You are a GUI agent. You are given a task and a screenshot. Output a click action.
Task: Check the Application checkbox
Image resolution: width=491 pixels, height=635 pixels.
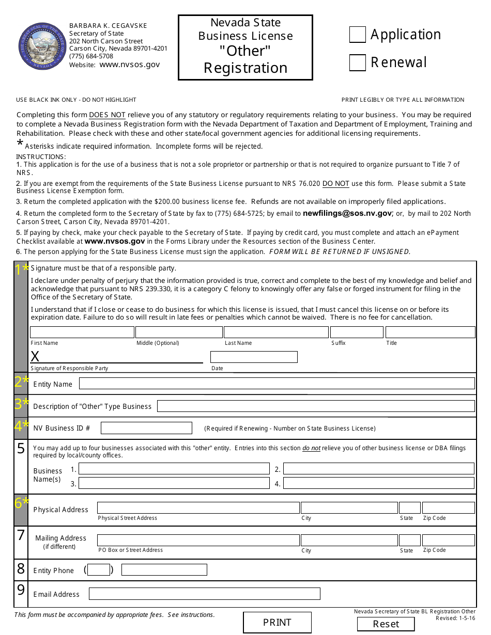click(357, 35)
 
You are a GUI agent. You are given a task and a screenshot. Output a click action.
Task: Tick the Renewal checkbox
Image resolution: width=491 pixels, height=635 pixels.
click(357, 62)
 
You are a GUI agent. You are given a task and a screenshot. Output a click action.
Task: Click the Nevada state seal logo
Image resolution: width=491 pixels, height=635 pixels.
click(40, 46)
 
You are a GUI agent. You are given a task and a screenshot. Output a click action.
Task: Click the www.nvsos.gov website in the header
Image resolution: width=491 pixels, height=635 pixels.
click(129, 65)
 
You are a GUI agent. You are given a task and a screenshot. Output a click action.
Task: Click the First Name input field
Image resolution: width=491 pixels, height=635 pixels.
click(82, 332)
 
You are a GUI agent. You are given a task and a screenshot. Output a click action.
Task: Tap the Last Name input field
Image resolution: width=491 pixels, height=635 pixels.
click(276, 332)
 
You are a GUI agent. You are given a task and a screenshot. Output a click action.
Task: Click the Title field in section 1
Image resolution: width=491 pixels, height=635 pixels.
click(430, 332)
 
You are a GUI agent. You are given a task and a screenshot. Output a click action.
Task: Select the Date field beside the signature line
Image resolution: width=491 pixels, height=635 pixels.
click(254, 357)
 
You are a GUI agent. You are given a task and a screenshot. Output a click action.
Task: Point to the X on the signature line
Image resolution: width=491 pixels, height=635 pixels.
click(35, 356)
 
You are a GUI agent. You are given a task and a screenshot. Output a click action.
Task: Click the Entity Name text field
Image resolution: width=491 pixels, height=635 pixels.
click(277, 384)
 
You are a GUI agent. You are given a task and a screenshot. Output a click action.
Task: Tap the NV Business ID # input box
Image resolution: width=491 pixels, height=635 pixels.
click(146, 428)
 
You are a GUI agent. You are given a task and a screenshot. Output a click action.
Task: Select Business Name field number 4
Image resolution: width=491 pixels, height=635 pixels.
click(378, 483)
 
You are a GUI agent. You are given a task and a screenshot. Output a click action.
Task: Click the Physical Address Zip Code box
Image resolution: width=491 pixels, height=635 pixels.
click(448, 508)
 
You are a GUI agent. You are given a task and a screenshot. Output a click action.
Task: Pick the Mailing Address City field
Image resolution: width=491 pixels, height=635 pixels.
click(349, 540)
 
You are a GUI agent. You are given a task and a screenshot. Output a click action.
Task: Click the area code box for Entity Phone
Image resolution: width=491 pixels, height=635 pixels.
click(99, 570)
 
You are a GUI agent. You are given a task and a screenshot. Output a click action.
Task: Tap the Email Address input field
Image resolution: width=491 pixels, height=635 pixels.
click(204, 594)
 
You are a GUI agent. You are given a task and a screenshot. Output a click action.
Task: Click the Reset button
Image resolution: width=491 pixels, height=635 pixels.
click(386, 624)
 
